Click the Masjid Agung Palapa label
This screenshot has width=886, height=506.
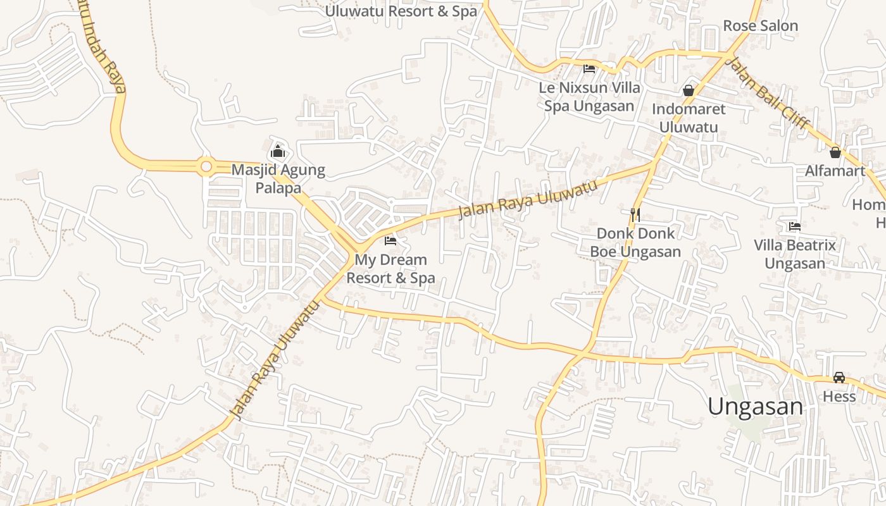(x=278, y=179)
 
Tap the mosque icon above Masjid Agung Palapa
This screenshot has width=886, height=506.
(x=277, y=151)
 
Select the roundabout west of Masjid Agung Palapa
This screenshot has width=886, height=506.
(x=206, y=167)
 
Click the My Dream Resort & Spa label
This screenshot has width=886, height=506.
(x=390, y=269)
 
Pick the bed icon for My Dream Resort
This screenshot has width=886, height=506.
(x=390, y=241)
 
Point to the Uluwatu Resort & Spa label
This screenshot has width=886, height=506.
(x=401, y=11)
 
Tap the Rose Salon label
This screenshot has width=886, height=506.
(x=760, y=26)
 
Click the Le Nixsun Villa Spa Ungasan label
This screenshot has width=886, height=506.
(x=589, y=97)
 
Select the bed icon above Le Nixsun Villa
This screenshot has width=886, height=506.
(x=589, y=68)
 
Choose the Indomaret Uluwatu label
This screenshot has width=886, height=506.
(x=689, y=118)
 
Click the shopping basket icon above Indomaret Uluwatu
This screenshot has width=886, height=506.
(x=689, y=90)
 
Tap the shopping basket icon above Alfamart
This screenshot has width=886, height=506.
(x=835, y=152)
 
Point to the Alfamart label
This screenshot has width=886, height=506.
(x=835, y=171)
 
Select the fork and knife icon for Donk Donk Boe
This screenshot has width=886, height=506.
(x=635, y=215)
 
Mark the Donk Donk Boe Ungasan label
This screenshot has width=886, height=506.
(x=635, y=242)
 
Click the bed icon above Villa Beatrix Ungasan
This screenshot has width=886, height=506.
(x=795, y=226)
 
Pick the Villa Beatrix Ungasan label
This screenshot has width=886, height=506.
(x=795, y=254)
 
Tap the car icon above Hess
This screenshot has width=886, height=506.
(x=839, y=378)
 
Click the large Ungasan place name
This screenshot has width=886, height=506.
(x=755, y=406)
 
